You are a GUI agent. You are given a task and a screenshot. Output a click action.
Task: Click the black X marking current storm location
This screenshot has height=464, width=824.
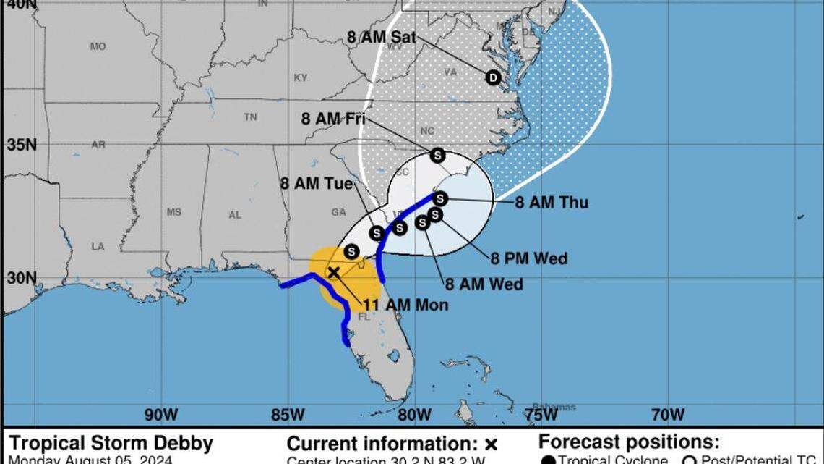coord(333,272)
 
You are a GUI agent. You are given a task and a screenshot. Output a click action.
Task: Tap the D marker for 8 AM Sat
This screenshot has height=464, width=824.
coord(493,77)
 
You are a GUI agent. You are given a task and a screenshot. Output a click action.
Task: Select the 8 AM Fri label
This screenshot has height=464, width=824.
coord(332,119)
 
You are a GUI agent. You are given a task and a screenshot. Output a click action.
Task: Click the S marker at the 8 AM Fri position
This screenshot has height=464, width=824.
coord(437,156)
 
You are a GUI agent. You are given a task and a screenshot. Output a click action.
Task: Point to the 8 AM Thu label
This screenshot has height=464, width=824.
coord(552,203)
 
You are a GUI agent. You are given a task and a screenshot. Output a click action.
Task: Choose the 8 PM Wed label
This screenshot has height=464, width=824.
coord(529,258)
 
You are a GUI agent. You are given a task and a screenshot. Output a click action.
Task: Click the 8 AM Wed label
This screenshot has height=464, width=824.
coord(484,284)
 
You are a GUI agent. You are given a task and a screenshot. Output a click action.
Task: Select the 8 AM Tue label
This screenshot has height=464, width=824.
coord(317,184)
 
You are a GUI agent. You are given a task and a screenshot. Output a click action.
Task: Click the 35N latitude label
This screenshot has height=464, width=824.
coord(22,145)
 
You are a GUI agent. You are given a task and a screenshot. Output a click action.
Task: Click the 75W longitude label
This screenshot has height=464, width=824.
coord(541,414)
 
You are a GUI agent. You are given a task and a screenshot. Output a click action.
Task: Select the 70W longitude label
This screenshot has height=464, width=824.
coord(667,414)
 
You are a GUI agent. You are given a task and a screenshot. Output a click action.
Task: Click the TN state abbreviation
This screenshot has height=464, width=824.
coord(250,117)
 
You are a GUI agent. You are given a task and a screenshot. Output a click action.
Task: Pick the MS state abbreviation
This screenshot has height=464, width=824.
coord(173,212)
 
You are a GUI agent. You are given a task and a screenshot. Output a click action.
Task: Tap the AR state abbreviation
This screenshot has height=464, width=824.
coord(98,144)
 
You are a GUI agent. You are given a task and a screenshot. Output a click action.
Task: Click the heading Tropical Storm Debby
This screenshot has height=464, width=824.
coord(111,443)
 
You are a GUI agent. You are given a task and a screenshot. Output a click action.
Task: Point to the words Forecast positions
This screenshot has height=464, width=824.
coord(628,442)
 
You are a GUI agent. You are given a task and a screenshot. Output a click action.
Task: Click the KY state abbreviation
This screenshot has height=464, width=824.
coord(301,77)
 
